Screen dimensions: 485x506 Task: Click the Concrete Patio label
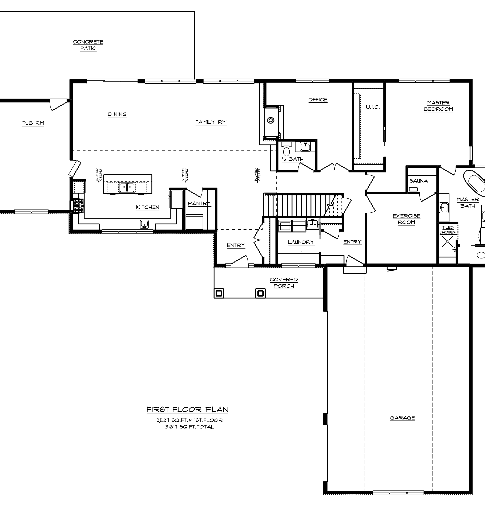click(x=88, y=45)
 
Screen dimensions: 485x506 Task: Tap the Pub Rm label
click(x=33, y=123)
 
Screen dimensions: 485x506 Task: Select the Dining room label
click(x=117, y=114)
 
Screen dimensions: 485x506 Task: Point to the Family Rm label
click(x=211, y=122)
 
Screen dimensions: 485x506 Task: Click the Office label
click(x=318, y=100)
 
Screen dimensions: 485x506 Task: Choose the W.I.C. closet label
click(x=373, y=107)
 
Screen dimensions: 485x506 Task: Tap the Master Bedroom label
click(x=438, y=106)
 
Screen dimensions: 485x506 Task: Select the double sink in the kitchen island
click(x=127, y=187)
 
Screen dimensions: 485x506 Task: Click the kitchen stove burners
click(x=78, y=206)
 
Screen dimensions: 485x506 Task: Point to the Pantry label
click(x=199, y=203)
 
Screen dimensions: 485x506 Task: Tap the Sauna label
click(x=418, y=181)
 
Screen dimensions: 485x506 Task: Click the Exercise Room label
click(x=407, y=219)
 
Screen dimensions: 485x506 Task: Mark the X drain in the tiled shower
click(x=447, y=242)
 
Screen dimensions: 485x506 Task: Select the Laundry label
click(x=301, y=242)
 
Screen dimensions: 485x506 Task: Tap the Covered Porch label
click(x=284, y=283)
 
